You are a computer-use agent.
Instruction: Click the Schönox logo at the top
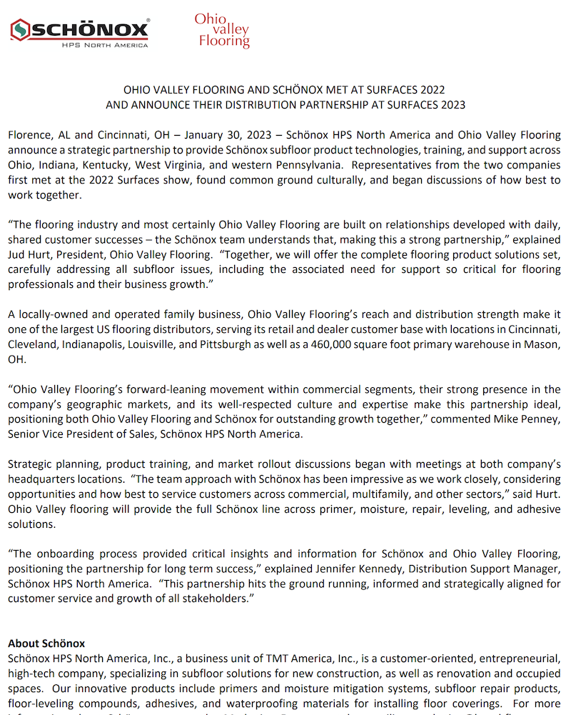80,32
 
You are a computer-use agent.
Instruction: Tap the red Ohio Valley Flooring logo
222,30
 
